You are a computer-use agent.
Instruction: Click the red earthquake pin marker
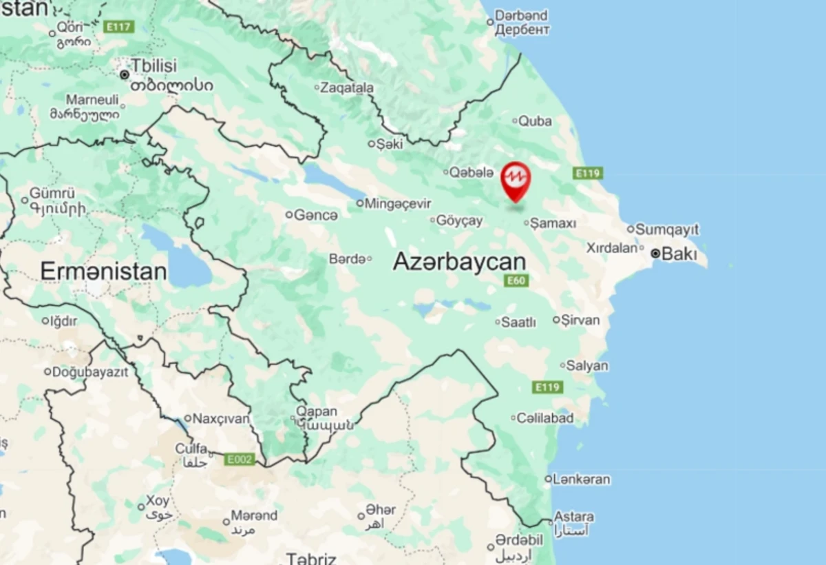coord(516,180)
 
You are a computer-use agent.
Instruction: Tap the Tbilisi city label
coord(154,66)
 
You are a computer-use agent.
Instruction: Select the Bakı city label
coord(679,254)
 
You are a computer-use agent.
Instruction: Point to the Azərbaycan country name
coord(459,262)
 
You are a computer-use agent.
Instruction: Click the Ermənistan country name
coord(103,271)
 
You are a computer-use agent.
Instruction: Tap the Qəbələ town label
coord(472,172)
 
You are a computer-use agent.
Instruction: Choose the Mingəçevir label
coord(397,203)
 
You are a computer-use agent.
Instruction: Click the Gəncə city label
coord(315,215)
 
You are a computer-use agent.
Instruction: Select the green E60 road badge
coord(516,280)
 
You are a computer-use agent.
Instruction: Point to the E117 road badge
coord(118,27)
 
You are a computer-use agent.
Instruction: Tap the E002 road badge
coord(239,459)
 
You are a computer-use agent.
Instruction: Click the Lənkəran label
coord(582,479)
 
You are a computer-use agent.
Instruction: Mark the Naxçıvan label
coord(220,418)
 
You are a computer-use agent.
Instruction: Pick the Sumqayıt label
coord(666,229)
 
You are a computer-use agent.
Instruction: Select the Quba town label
coord(535,121)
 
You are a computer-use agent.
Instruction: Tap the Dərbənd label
coord(522,15)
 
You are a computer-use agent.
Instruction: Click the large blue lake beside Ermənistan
coord(188,267)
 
